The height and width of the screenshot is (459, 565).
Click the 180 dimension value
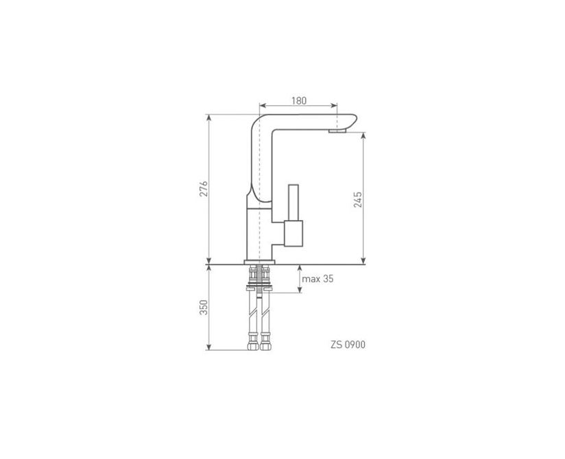299,101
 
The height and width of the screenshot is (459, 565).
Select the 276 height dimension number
204,188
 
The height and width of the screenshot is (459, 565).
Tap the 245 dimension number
358,200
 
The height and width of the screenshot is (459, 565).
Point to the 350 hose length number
204,307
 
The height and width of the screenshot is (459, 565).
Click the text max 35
317,279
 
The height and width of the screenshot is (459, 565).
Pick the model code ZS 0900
348,345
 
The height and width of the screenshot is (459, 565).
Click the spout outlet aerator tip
337,131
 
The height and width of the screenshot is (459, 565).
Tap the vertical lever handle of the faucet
293,202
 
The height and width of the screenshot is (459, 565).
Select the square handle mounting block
293,234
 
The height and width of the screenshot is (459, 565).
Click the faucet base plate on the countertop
259,262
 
